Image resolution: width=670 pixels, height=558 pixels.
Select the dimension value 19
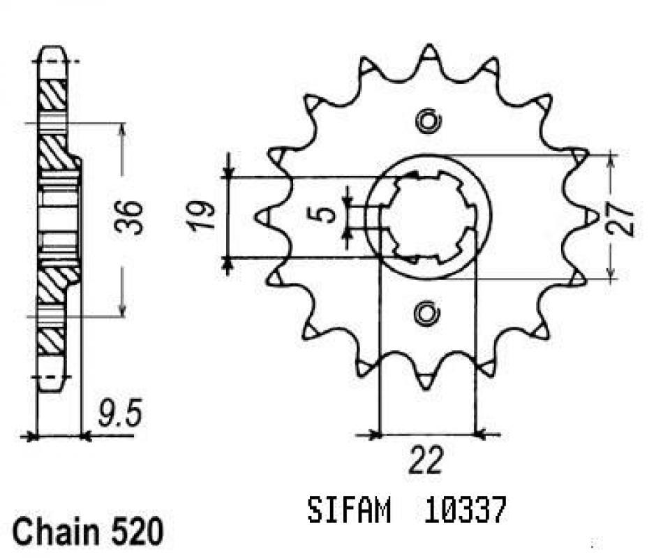[200, 218]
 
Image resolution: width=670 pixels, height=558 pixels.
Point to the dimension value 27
[625, 219]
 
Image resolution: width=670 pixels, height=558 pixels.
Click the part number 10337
[461, 512]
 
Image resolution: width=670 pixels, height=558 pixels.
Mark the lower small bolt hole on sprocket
[426, 314]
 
